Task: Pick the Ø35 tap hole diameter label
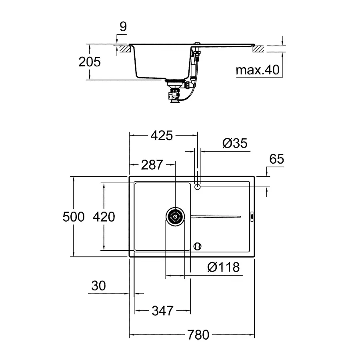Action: [234, 143]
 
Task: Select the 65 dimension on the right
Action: [276, 159]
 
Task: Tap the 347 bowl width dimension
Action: [162, 310]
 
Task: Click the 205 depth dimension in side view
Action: [90, 62]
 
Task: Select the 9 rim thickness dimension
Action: [123, 27]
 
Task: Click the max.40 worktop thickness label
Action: [257, 70]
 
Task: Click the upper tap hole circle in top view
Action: [197, 186]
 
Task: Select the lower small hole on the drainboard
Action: [197, 246]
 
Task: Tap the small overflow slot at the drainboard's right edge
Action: [252, 216]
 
